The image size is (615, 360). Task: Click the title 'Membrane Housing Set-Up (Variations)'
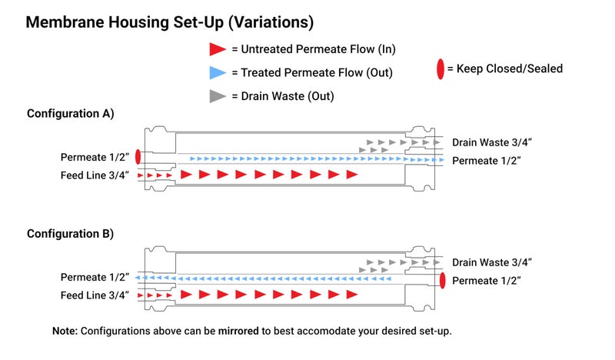(169, 22)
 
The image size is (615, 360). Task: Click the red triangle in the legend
(218, 49)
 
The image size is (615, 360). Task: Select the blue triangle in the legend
(218, 73)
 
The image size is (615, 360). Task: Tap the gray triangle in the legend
(218, 96)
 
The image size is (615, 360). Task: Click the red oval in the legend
(440, 69)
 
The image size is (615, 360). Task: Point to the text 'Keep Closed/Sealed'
(509, 68)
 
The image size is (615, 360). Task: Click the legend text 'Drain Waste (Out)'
(288, 96)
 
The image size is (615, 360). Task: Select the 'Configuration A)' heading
(70, 113)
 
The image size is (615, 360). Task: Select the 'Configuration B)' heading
(70, 233)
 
